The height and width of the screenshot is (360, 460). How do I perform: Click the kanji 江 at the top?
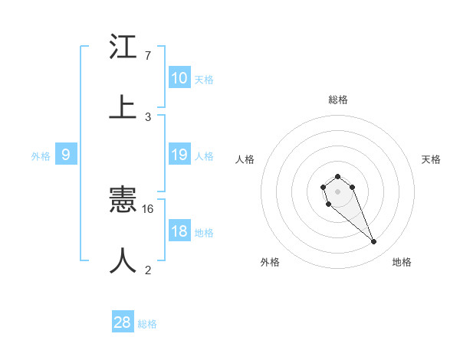point(123,47)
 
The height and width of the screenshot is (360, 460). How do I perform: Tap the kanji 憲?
point(123,201)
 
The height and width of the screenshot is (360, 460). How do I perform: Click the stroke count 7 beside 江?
point(147,56)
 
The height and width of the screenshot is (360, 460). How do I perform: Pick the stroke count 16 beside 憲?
point(149,208)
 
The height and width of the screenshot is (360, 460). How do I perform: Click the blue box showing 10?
point(179,78)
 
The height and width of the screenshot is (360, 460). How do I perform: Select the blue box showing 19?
point(179,155)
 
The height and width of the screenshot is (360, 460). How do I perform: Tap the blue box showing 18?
point(179,231)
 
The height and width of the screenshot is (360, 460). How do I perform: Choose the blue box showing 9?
point(66,155)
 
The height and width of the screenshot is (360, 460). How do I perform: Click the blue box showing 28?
point(123,322)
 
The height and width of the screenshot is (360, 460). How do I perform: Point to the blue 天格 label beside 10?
point(204,79)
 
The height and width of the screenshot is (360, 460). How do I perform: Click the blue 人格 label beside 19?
point(204,155)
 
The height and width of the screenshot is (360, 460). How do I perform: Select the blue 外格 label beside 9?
point(41,155)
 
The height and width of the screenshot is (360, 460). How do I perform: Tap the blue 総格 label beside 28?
point(147,324)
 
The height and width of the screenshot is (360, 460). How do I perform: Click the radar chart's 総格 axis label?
point(337,100)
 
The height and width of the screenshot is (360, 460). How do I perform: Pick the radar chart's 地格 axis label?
point(402,262)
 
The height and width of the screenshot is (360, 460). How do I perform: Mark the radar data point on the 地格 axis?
point(374,242)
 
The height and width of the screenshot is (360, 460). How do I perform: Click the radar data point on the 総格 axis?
point(337,177)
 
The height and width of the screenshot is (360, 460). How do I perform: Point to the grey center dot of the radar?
point(337,191)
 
